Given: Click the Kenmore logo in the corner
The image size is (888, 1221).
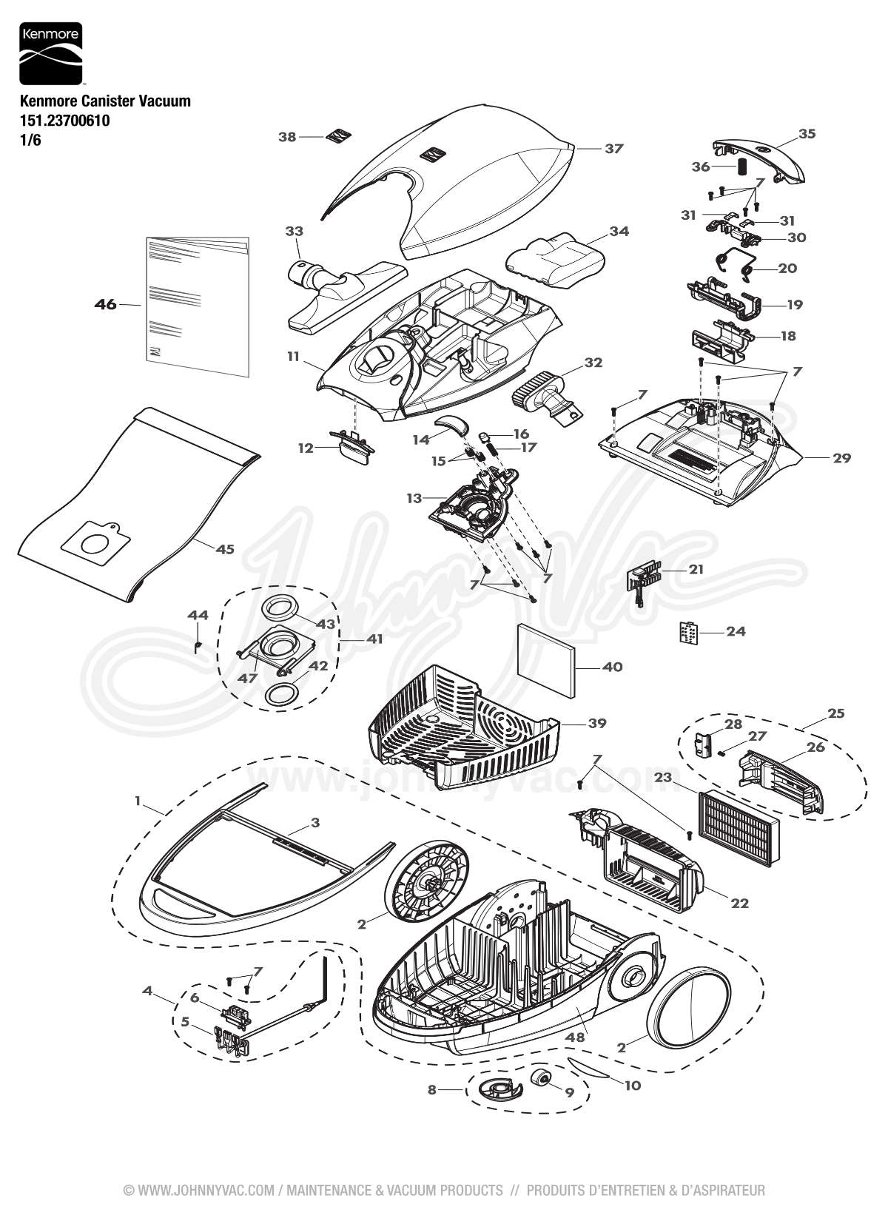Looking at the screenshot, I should coord(50,54).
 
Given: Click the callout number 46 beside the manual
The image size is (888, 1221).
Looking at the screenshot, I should coord(106,304).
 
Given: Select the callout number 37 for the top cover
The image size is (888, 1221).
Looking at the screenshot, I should coord(614,148).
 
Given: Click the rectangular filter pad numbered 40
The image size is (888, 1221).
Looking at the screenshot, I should coord(544,656).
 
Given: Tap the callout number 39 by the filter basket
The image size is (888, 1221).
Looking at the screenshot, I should coord(596,723).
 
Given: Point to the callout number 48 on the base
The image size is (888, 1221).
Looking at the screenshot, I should coord(575,1037).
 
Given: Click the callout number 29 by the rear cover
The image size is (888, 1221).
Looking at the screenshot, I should coord(841,458).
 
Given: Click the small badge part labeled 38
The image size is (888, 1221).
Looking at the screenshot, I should coord(337,138).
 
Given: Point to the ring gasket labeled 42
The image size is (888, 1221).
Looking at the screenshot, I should coord(281,695).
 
